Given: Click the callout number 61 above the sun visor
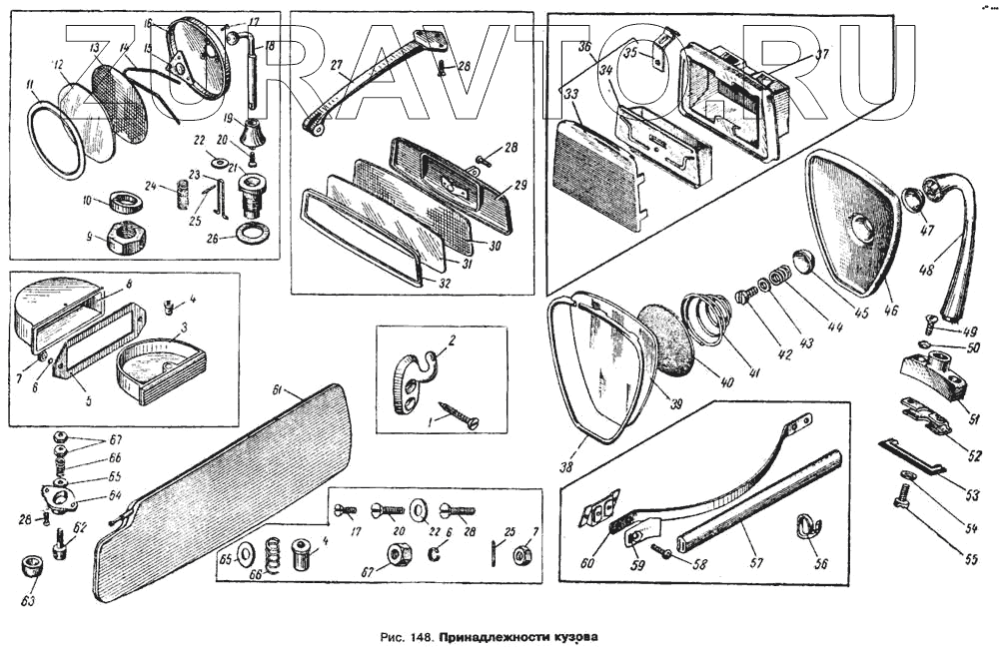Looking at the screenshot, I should (x=280, y=388).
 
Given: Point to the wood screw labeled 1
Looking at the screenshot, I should (x=455, y=416).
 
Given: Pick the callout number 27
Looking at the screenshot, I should (x=337, y=64).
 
